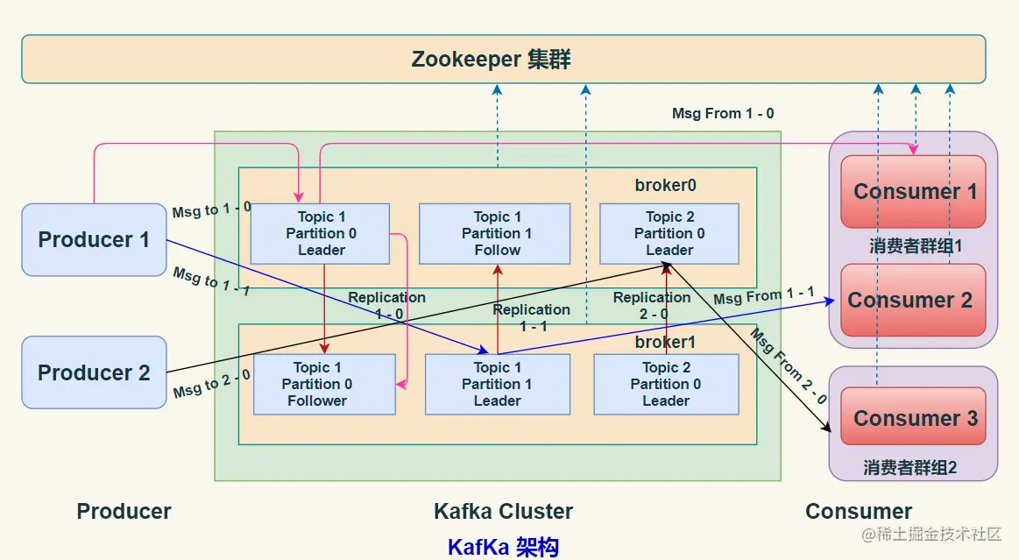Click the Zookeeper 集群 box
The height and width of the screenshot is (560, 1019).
[504, 59]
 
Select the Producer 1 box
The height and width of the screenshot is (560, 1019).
[95, 240]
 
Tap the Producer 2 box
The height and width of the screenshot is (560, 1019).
[95, 372]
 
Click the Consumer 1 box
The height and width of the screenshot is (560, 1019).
[913, 192]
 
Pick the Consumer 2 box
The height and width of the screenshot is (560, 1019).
[913, 300]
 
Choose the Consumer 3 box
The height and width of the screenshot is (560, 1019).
[913, 416]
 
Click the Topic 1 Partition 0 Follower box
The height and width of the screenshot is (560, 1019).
[324, 384]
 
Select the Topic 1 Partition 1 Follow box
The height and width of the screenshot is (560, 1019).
[494, 234]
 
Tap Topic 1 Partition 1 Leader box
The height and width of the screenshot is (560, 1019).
[497, 384]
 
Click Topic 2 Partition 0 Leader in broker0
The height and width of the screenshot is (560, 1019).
[669, 234]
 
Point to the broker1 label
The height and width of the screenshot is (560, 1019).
[666, 342]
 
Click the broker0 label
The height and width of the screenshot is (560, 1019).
[666, 185]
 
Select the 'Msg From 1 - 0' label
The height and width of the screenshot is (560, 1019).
[723, 113]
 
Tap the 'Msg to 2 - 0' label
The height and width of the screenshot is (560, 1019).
[211, 384]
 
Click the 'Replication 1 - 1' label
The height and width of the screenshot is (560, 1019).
[532, 317]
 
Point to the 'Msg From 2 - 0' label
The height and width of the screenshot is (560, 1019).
[789, 366]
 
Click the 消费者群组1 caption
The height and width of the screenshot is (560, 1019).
[915, 245]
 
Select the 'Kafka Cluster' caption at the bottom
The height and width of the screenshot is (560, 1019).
[503, 511]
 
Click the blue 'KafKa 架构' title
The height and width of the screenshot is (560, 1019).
[503, 547]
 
